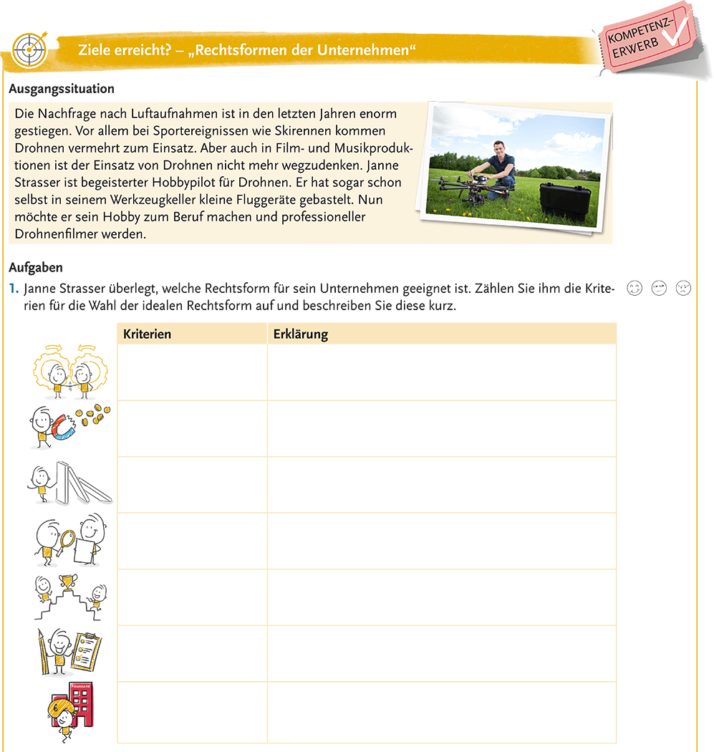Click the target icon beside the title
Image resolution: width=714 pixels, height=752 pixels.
[x=29, y=49]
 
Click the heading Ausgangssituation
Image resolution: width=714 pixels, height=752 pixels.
[x=61, y=90]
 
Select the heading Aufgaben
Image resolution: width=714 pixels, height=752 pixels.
[x=36, y=268]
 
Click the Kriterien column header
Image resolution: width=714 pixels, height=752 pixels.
[x=147, y=334]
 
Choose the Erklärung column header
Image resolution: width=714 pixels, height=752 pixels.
[x=301, y=334]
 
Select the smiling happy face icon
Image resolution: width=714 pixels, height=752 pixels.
[x=634, y=289]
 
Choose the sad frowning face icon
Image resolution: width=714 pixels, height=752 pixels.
[x=682, y=289]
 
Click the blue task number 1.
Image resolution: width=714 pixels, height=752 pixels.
[x=13, y=289]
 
